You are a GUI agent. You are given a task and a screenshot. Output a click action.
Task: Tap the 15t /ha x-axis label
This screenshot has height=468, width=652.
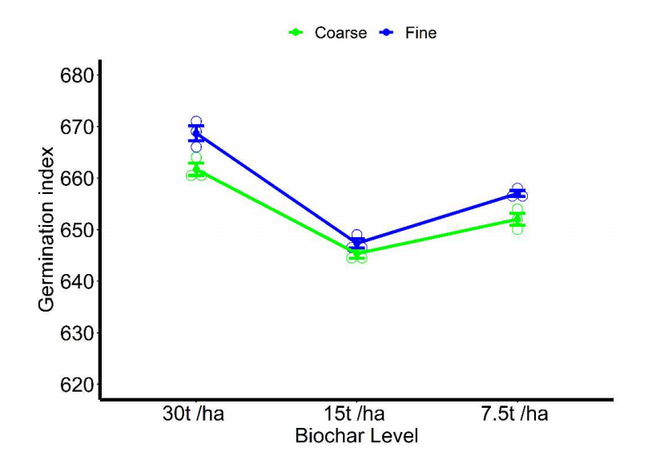[356, 414]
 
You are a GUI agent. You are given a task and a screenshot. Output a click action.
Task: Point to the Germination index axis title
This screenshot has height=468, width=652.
[47, 230]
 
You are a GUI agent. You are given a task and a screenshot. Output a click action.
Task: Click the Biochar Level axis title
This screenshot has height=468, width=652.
[356, 437]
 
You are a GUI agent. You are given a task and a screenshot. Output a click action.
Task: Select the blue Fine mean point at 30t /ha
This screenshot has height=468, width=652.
[196, 134]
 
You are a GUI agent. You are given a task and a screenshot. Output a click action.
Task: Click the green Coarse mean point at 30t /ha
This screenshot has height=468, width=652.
[196, 169]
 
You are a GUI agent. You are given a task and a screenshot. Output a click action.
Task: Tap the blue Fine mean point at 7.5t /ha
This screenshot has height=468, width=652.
[517, 194]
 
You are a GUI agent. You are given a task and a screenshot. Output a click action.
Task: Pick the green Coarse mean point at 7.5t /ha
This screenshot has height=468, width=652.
[517, 219]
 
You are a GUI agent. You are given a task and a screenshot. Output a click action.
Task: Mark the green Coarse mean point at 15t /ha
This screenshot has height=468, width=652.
[356, 252]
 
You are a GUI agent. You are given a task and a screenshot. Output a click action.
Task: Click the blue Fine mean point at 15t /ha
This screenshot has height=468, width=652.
[356, 243]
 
